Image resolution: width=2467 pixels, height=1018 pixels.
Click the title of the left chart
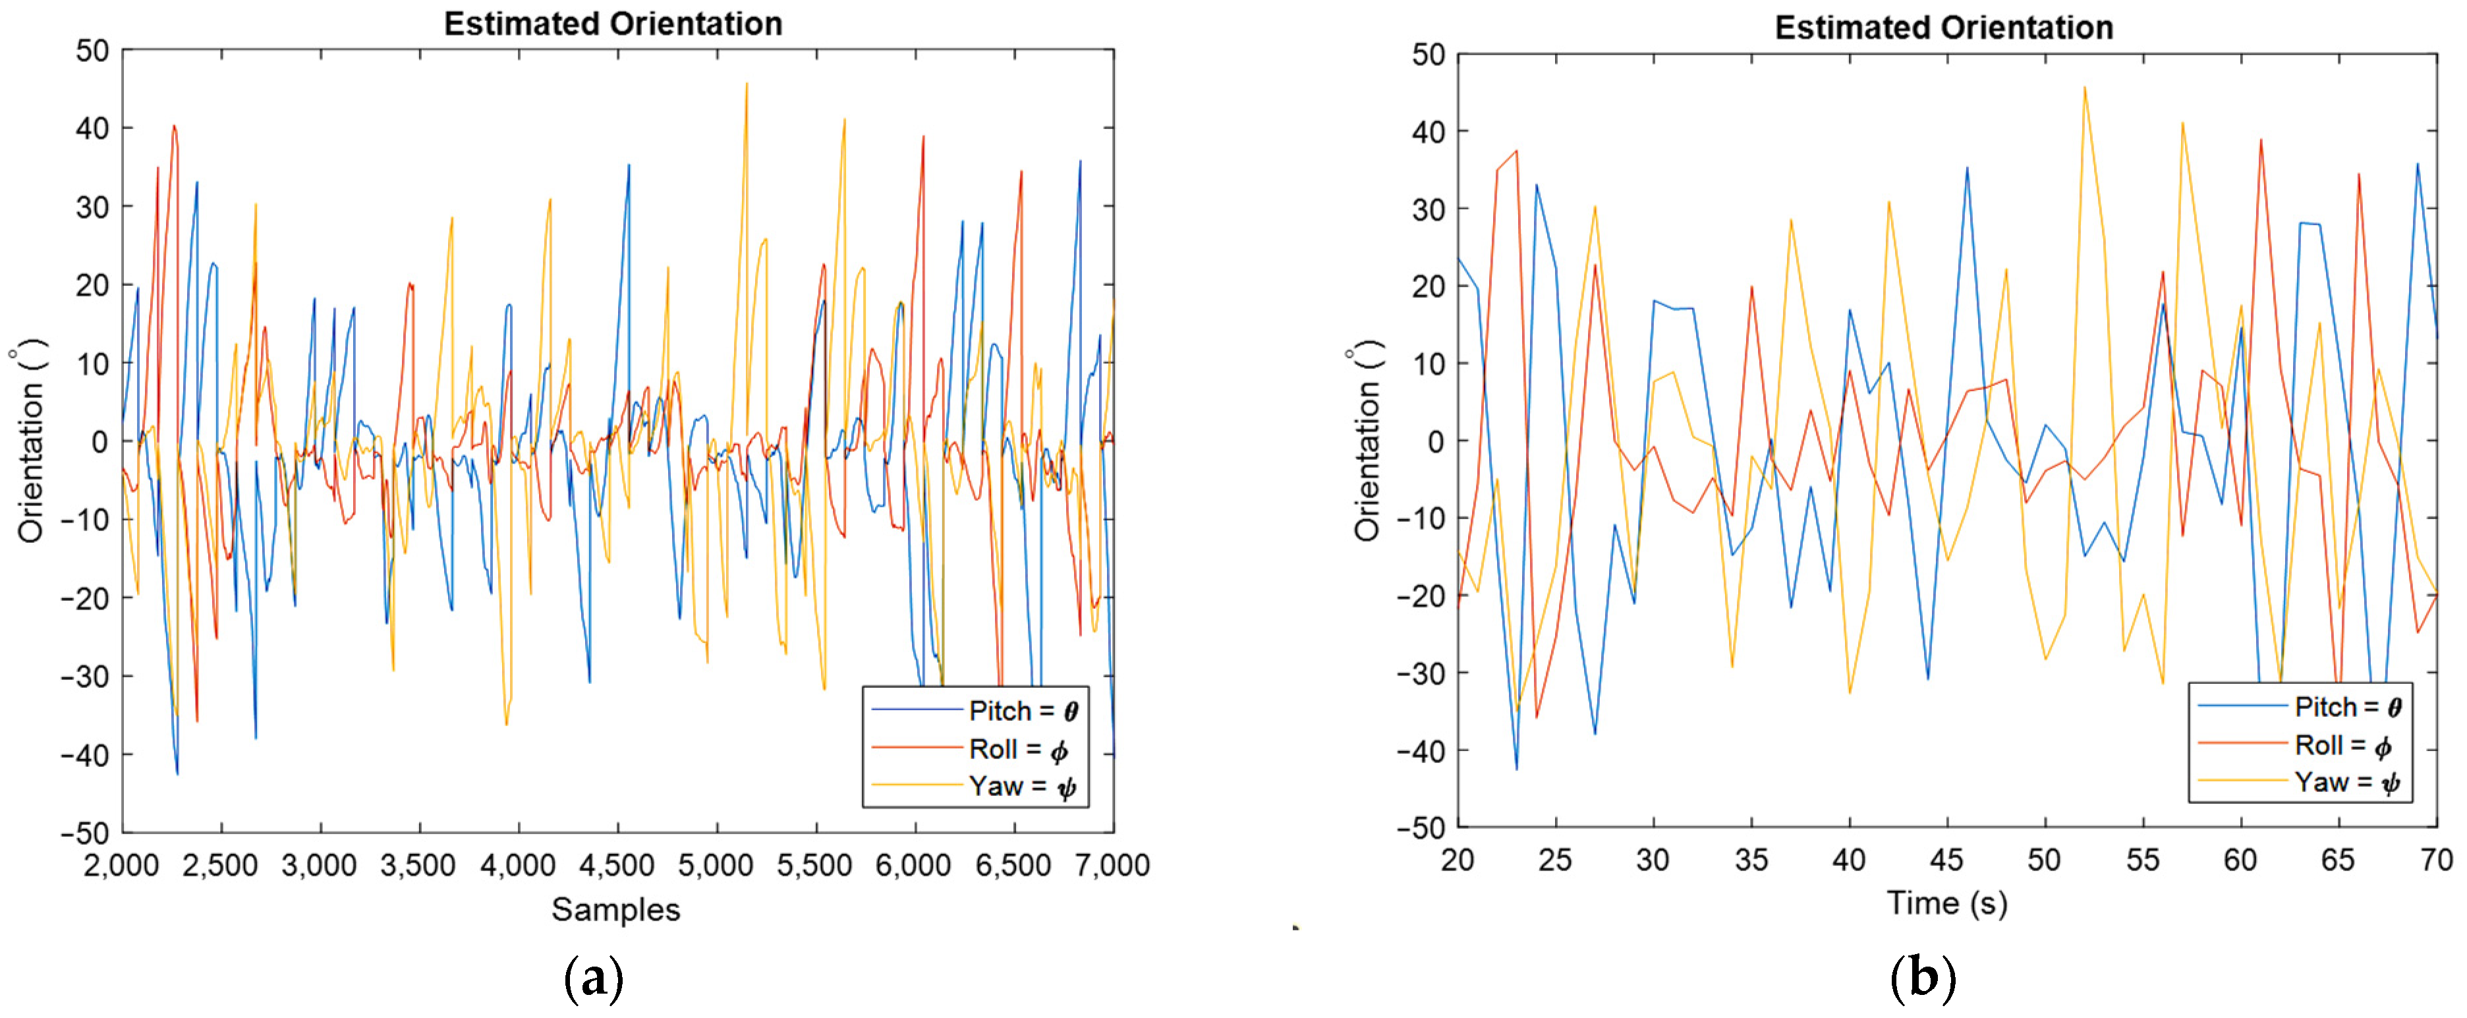pyautogui.click(x=613, y=23)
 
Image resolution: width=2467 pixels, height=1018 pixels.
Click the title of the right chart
pyautogui.click(x=1943, y=27)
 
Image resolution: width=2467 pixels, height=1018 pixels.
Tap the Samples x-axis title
pyautogui.click(x=616, y=909)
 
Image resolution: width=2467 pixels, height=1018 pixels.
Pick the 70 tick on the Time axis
pyautogui.click(x=2435, y=860)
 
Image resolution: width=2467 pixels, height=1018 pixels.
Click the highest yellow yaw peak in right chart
pyautogui.click(x=2084, y=88)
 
